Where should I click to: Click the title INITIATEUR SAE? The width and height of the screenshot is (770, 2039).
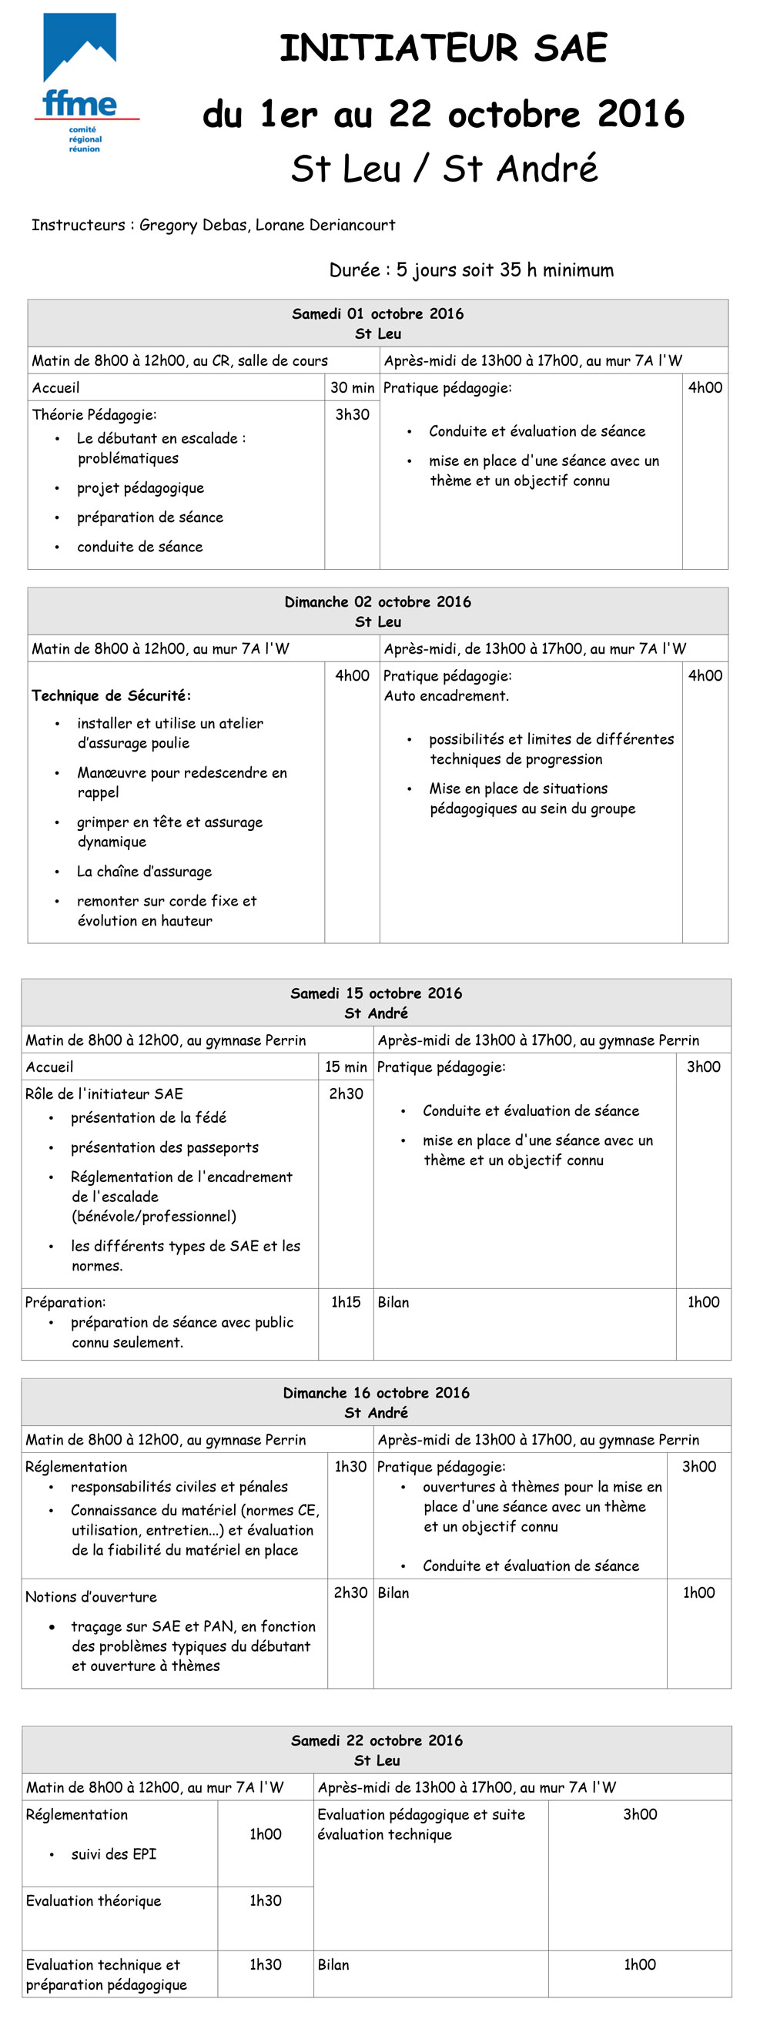[444, 49]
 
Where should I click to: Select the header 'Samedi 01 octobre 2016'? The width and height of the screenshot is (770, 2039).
[377, 313]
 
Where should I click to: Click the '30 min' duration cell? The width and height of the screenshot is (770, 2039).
[351, 388]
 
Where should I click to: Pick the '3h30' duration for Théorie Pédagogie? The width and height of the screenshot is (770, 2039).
[351, 415]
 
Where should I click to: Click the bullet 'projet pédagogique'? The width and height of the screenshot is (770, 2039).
[140, 488]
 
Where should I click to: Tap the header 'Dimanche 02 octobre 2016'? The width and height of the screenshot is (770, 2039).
[377, 601]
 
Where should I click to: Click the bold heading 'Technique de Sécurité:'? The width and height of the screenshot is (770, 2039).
[111, 696]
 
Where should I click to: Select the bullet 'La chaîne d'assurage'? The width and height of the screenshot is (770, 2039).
[144, 872]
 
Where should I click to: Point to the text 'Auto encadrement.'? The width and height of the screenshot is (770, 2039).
[447, 696]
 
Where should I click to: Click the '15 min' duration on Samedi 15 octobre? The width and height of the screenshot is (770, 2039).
[346, 1067]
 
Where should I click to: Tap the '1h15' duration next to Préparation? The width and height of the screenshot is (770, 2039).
[346, 1302]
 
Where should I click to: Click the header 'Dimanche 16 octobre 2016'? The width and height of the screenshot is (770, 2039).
[376, 1392]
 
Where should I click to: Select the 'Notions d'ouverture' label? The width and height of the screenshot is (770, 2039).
[91, 1596]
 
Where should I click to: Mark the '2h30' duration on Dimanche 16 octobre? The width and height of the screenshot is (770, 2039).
[350, 1592]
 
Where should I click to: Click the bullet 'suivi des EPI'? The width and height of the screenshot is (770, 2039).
[114, 1853]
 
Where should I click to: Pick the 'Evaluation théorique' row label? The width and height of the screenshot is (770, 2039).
[93, 1900]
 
